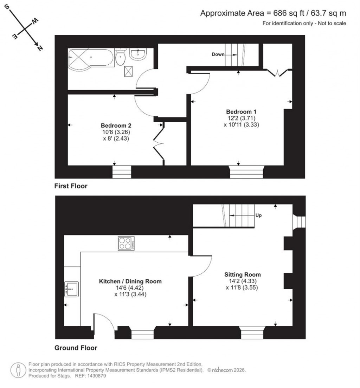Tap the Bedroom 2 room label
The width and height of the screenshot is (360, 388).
(116, 125)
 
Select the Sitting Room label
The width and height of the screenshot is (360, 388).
(243, 274)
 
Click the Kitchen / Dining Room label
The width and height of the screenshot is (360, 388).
(130, 281)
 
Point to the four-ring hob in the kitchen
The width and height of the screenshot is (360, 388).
(126, 244)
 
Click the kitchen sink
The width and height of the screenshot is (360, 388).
(72, 289)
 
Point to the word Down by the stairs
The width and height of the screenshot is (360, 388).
(218, 54)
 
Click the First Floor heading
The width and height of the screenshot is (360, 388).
(71, 186)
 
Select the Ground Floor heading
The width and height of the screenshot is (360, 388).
(76, 348)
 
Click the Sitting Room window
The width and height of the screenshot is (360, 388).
(252, 332)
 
